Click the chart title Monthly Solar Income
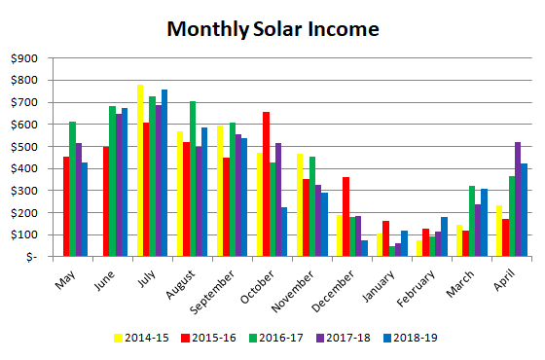(x=272, y=29)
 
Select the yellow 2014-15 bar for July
(x=141, y=170)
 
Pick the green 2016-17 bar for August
(x=193, y=179)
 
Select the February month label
(x=413, y=284)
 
